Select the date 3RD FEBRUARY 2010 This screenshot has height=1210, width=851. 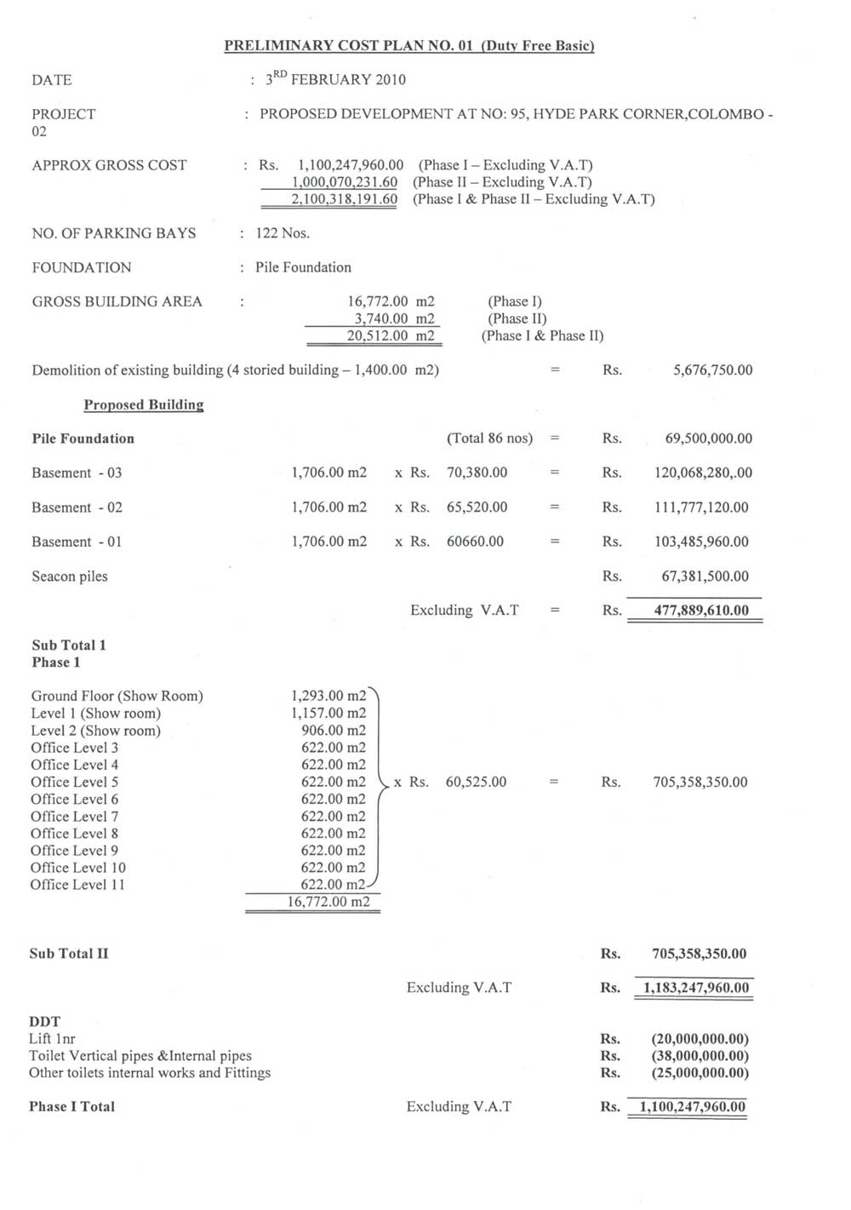coord(335,80)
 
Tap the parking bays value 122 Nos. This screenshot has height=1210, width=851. coord(283,233)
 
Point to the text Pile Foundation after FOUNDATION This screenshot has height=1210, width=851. coord(303,267)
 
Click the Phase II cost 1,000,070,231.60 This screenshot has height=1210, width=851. coord(344,182)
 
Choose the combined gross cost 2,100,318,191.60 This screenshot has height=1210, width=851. coord(344,199)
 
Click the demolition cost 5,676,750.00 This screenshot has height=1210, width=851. coord(712,370)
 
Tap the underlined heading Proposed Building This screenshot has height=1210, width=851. coord(143,405)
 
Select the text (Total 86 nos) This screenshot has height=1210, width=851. coord(489,439)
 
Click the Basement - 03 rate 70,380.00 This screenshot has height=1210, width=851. coord(477,473)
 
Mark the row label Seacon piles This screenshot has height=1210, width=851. coord(70,576)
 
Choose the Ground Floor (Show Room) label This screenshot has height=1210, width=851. coord(117,697)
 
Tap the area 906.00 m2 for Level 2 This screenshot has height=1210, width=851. coord(334,731)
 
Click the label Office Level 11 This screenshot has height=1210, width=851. coord(77,885)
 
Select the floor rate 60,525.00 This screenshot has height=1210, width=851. coord(476,782)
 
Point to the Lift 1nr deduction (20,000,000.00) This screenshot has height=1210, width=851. coord(700,1039)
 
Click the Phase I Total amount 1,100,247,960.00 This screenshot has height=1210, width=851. coord(692,1107)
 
